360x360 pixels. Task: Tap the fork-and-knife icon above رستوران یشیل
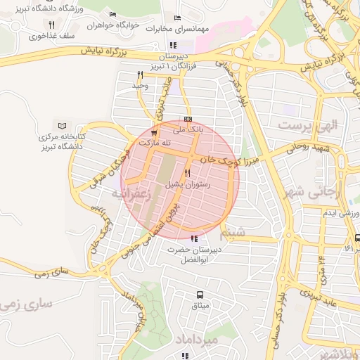pyautogui.click(x=187, y=173)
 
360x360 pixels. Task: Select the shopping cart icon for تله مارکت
pyautogui.click(x=154, y=134)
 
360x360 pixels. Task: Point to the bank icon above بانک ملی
pyautogui.click(x=187, y=120)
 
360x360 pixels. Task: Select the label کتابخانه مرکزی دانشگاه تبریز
pyautogui.click(x=60, y=143)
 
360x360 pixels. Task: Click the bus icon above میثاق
pyautogui.click(x=200, y=295)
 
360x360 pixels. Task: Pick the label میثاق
pyautogui.click(x=200, y=306)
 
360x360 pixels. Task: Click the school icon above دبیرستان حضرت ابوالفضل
pyautogui.click(x=194, y=239)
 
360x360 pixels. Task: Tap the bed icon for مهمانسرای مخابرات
pyautogui.click(x=176, y=18)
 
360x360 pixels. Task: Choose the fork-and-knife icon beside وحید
pyautogui.click(x=140, y=75)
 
